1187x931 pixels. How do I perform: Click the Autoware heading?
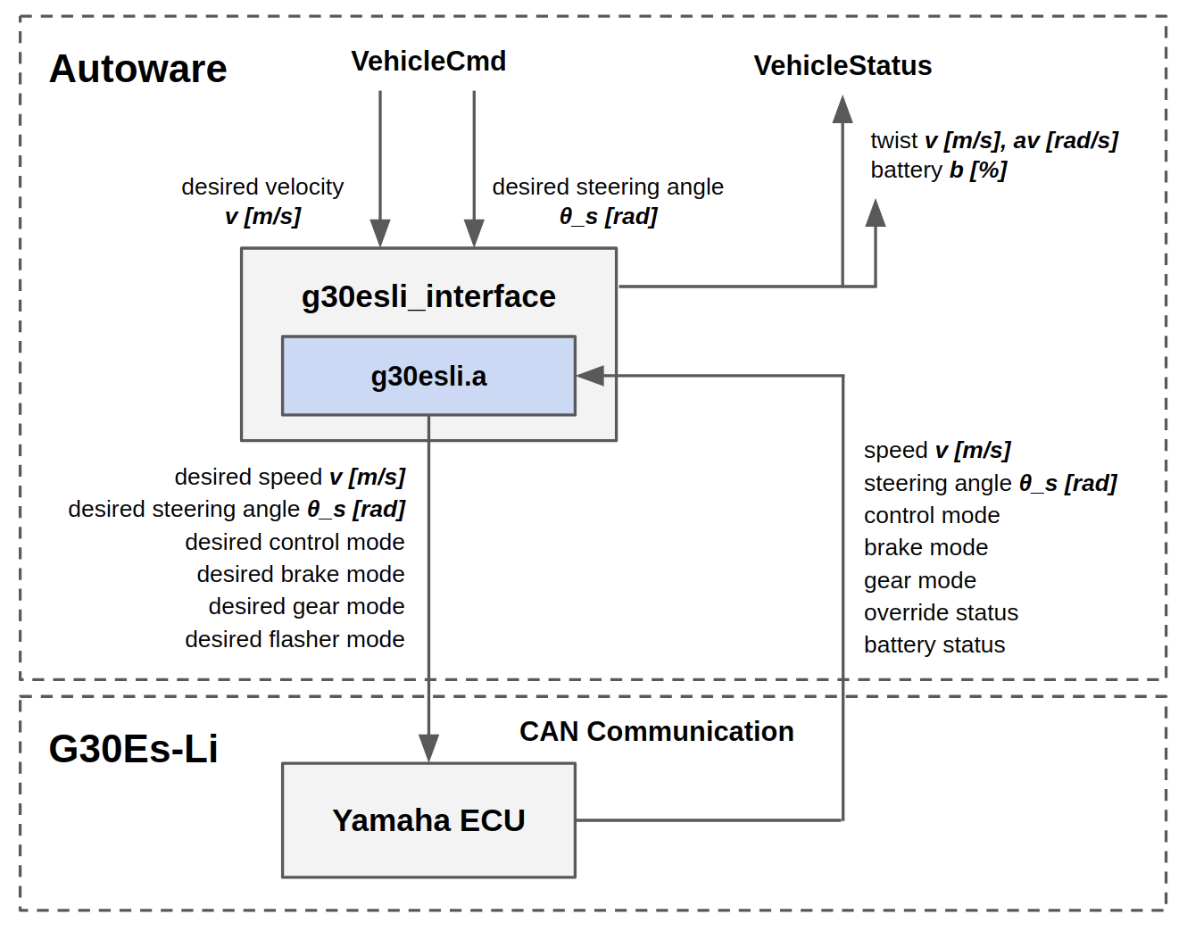click(x=138, y=69)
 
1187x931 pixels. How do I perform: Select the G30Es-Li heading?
click(x=133, y=749)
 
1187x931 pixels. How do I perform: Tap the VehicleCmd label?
click(x=428, y=61)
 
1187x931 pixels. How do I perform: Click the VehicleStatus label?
click(x=843, y=65)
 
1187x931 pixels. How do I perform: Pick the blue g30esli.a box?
click(x=428, y=376)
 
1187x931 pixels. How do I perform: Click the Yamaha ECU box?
click(x=428, y=820)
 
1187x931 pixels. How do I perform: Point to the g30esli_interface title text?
click(x=428, y=295)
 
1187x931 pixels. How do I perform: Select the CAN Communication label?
click(x=656, y=731)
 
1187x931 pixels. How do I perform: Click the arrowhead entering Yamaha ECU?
click(x=428, y=748)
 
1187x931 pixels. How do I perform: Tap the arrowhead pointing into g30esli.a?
click(x=590, y=376)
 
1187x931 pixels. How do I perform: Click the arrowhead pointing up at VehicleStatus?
click(x=843, y=109)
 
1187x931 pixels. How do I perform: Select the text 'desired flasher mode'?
click(x=295, y=639)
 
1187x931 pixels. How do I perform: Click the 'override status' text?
click(x=941, y=612)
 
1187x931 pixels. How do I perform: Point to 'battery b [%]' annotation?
click(x=938, y=170)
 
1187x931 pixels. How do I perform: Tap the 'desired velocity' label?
click(x=262, y=187)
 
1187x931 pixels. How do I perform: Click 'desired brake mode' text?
click(x=301, y=574)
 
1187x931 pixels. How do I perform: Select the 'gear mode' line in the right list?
click(x=919, y=580)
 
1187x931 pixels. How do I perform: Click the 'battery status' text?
click(x=934, y=644)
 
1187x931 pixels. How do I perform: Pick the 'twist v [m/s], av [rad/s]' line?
click(x=993, y=140)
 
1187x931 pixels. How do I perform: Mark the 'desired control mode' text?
click(x=295, y=542)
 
